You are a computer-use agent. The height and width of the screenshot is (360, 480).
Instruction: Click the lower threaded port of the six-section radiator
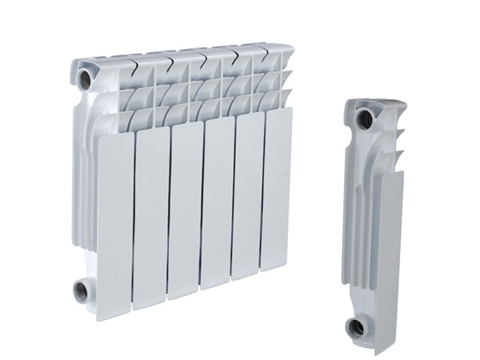point(82,290)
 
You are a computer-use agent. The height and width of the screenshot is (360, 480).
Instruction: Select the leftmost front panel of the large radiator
point(114,224)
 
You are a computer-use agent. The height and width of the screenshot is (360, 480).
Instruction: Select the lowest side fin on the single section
point(394,154)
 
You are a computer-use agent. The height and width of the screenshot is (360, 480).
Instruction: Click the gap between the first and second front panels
point(134,224)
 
